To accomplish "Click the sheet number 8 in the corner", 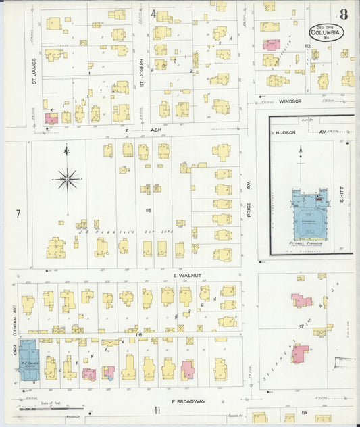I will point(344,14).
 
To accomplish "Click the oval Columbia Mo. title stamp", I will point(326,32).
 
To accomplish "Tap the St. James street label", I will point(33,72).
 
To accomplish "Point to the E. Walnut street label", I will point(183,276).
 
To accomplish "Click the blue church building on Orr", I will point(28,359).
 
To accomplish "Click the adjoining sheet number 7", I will point(18,214).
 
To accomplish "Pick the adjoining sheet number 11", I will point(157,410).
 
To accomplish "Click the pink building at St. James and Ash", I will point(51,118).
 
